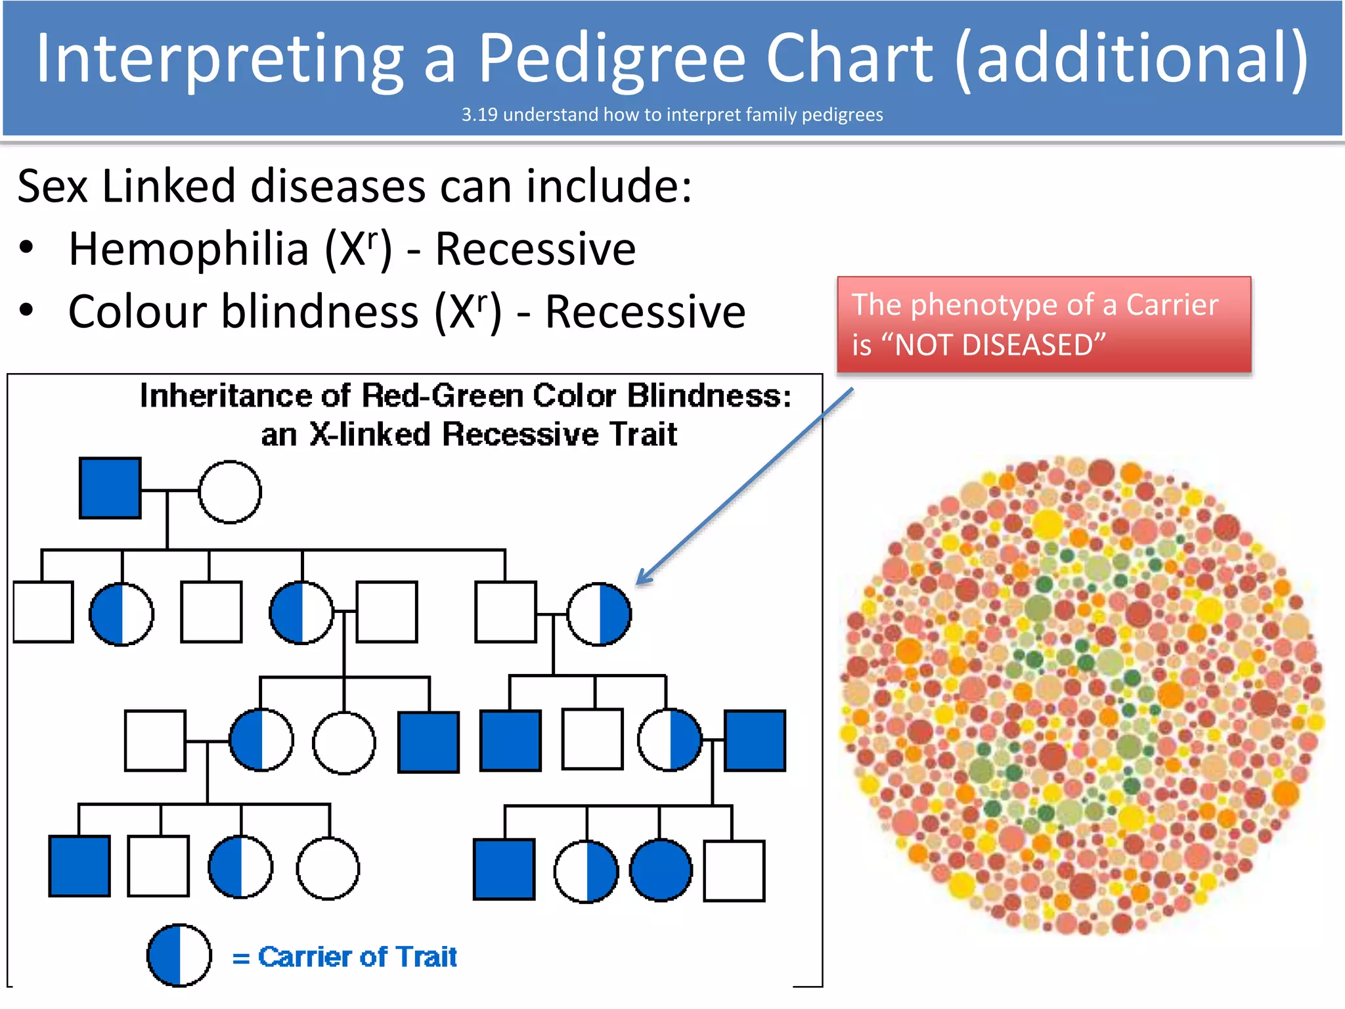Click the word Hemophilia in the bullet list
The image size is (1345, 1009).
click(188, 250)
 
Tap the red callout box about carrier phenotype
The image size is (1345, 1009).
click(1044, 325)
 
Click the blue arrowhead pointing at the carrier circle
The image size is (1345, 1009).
click(644, 579)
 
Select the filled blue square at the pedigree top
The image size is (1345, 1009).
click(110, 488)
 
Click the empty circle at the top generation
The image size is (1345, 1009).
click(230, 491)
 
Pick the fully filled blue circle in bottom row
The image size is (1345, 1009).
click(661, 870)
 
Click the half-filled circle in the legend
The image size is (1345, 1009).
click(179, 956)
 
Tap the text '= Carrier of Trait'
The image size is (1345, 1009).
click(345, 957)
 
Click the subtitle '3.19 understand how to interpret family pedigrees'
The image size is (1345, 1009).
click(672, 115)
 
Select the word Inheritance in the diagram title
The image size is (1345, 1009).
click(225, 396)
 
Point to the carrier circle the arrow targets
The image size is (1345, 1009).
click(599, 614)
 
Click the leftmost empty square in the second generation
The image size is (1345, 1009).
click(43, 612)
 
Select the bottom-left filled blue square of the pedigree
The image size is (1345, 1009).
click(79, 866)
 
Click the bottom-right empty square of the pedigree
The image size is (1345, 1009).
click(734, 870)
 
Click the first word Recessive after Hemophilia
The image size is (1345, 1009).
click(535, 250)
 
